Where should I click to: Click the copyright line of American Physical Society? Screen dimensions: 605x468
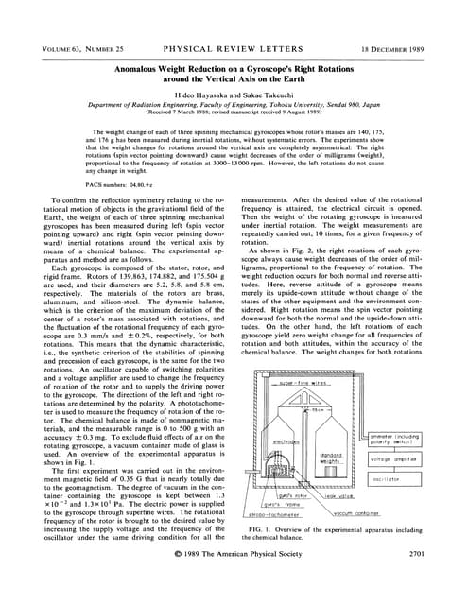click(x=234, y=578)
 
